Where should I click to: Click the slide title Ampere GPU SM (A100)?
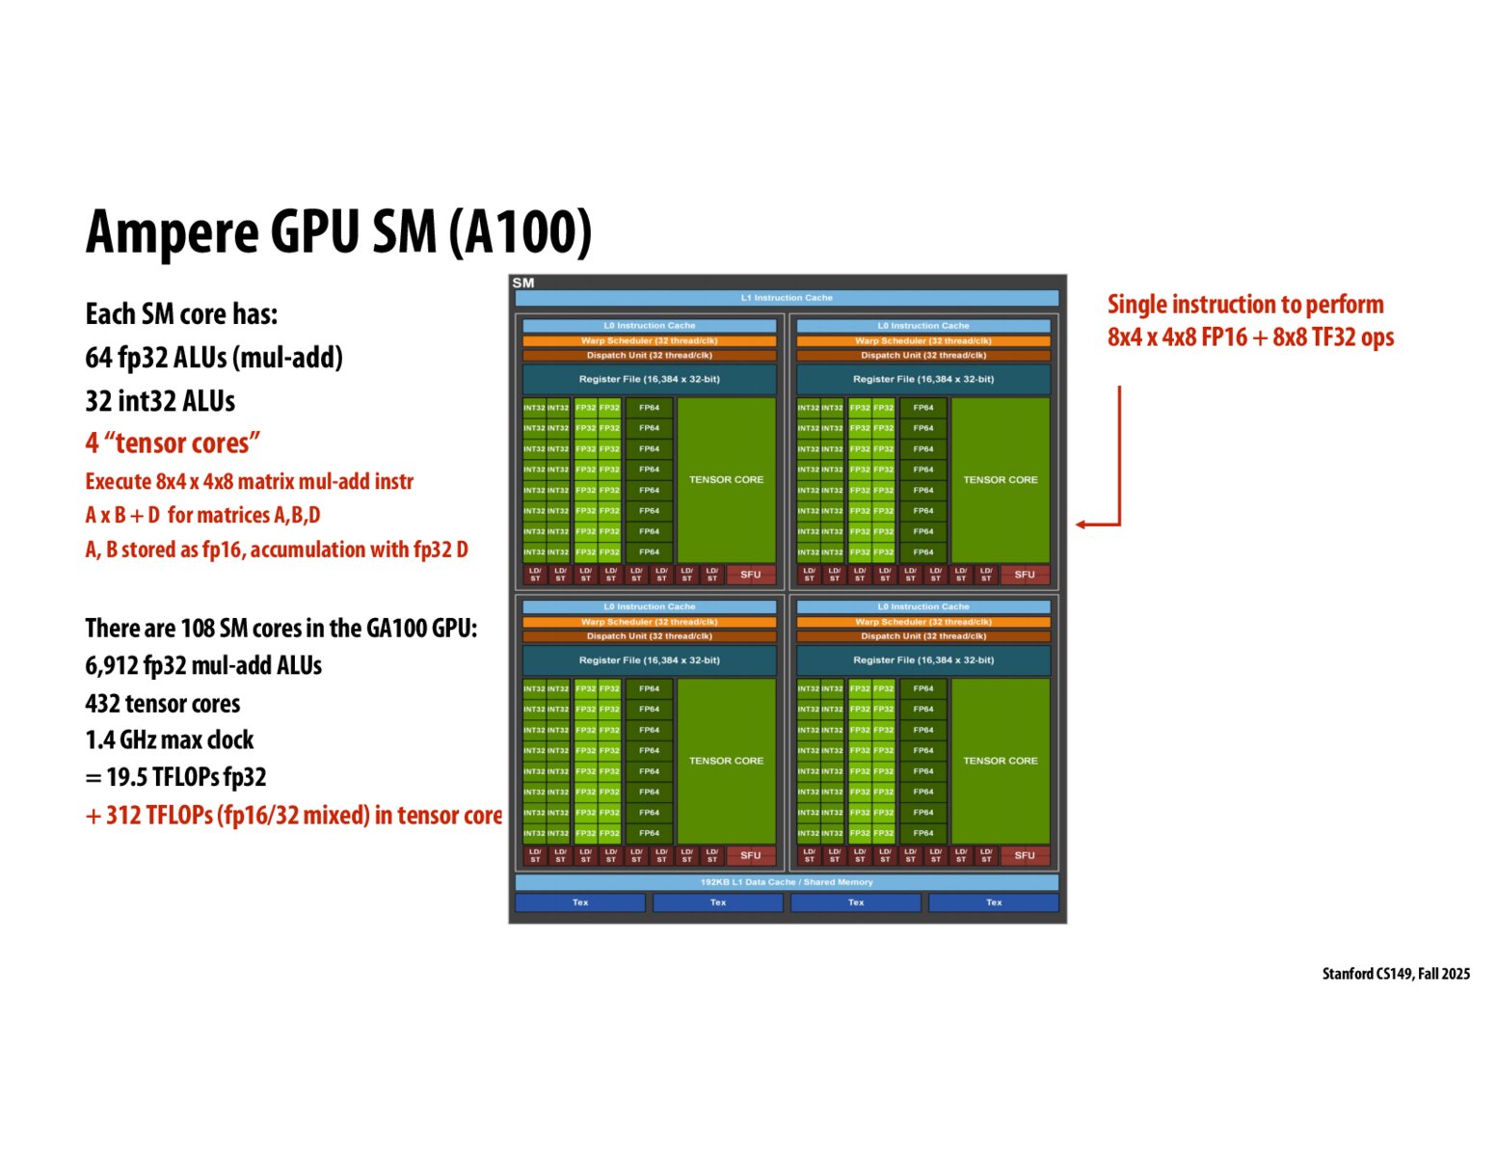[x=338, y=231]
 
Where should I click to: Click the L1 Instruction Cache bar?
[x=787, y=298]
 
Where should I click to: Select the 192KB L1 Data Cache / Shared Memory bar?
[x=787, y=882]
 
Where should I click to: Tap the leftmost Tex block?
[x=580, y=902]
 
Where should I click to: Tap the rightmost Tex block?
[x=994, y=902]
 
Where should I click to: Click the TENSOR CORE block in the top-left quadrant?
[x=726, y=479]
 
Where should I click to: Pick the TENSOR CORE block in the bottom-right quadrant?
[x=1001, y=761]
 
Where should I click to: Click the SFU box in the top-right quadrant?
[x=1025, y=575]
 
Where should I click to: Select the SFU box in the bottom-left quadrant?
[x=751, y=855]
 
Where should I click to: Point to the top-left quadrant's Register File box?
[x=649, y=379]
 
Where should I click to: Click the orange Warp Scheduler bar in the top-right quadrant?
[x=923, y=340]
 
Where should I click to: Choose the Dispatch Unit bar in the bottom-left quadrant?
[x=649, y=636]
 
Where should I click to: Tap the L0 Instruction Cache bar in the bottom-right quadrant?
[x=923, y=606]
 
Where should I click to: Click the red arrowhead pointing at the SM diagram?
[x=1083, y=525]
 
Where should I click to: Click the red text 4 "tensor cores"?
[x=173, y=444]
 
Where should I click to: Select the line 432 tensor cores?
[x=163, y=704]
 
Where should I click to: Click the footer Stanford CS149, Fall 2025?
[x=1396, y=974]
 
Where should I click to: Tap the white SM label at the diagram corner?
[x=523, y=283]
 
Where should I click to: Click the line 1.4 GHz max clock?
[x=170, y=740]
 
